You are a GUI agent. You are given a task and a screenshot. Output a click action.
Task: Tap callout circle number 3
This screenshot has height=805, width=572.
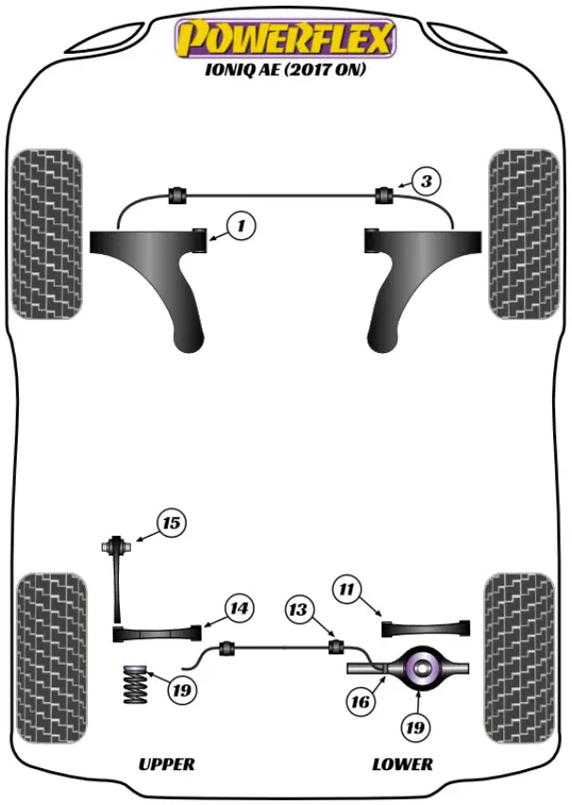click(426, 180)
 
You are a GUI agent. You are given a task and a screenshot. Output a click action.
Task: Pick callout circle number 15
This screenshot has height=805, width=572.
click(172, 523)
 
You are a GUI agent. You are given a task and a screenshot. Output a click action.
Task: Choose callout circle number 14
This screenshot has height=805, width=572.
click(238, 609)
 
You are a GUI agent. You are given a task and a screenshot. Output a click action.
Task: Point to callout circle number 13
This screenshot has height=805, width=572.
click(298, 610)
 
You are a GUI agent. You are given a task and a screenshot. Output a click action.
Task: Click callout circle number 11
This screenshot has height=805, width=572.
click(348, 590)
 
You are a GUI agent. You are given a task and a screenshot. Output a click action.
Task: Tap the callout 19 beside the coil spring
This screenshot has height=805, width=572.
click(181, 690)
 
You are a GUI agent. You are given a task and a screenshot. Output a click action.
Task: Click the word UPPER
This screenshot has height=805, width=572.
click(167, 764)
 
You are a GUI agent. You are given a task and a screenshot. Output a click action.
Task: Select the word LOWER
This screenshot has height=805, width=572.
click(401, 764)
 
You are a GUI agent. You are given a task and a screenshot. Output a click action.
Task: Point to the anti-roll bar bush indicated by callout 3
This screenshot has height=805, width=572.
click(384, 196)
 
